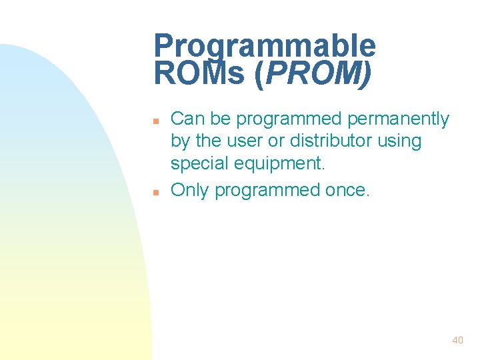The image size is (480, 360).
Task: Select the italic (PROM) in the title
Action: [x=313, y=73]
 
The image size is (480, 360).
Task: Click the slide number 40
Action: [x=457, y=340]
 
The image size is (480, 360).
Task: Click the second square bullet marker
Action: [x=155, y=192]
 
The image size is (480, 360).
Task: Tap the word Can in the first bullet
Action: [x=187, y=119]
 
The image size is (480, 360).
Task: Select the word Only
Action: [x=190, y=190]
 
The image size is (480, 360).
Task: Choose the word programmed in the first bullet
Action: [x=289, y=119]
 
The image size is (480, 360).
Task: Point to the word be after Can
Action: [x=220, y=119]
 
